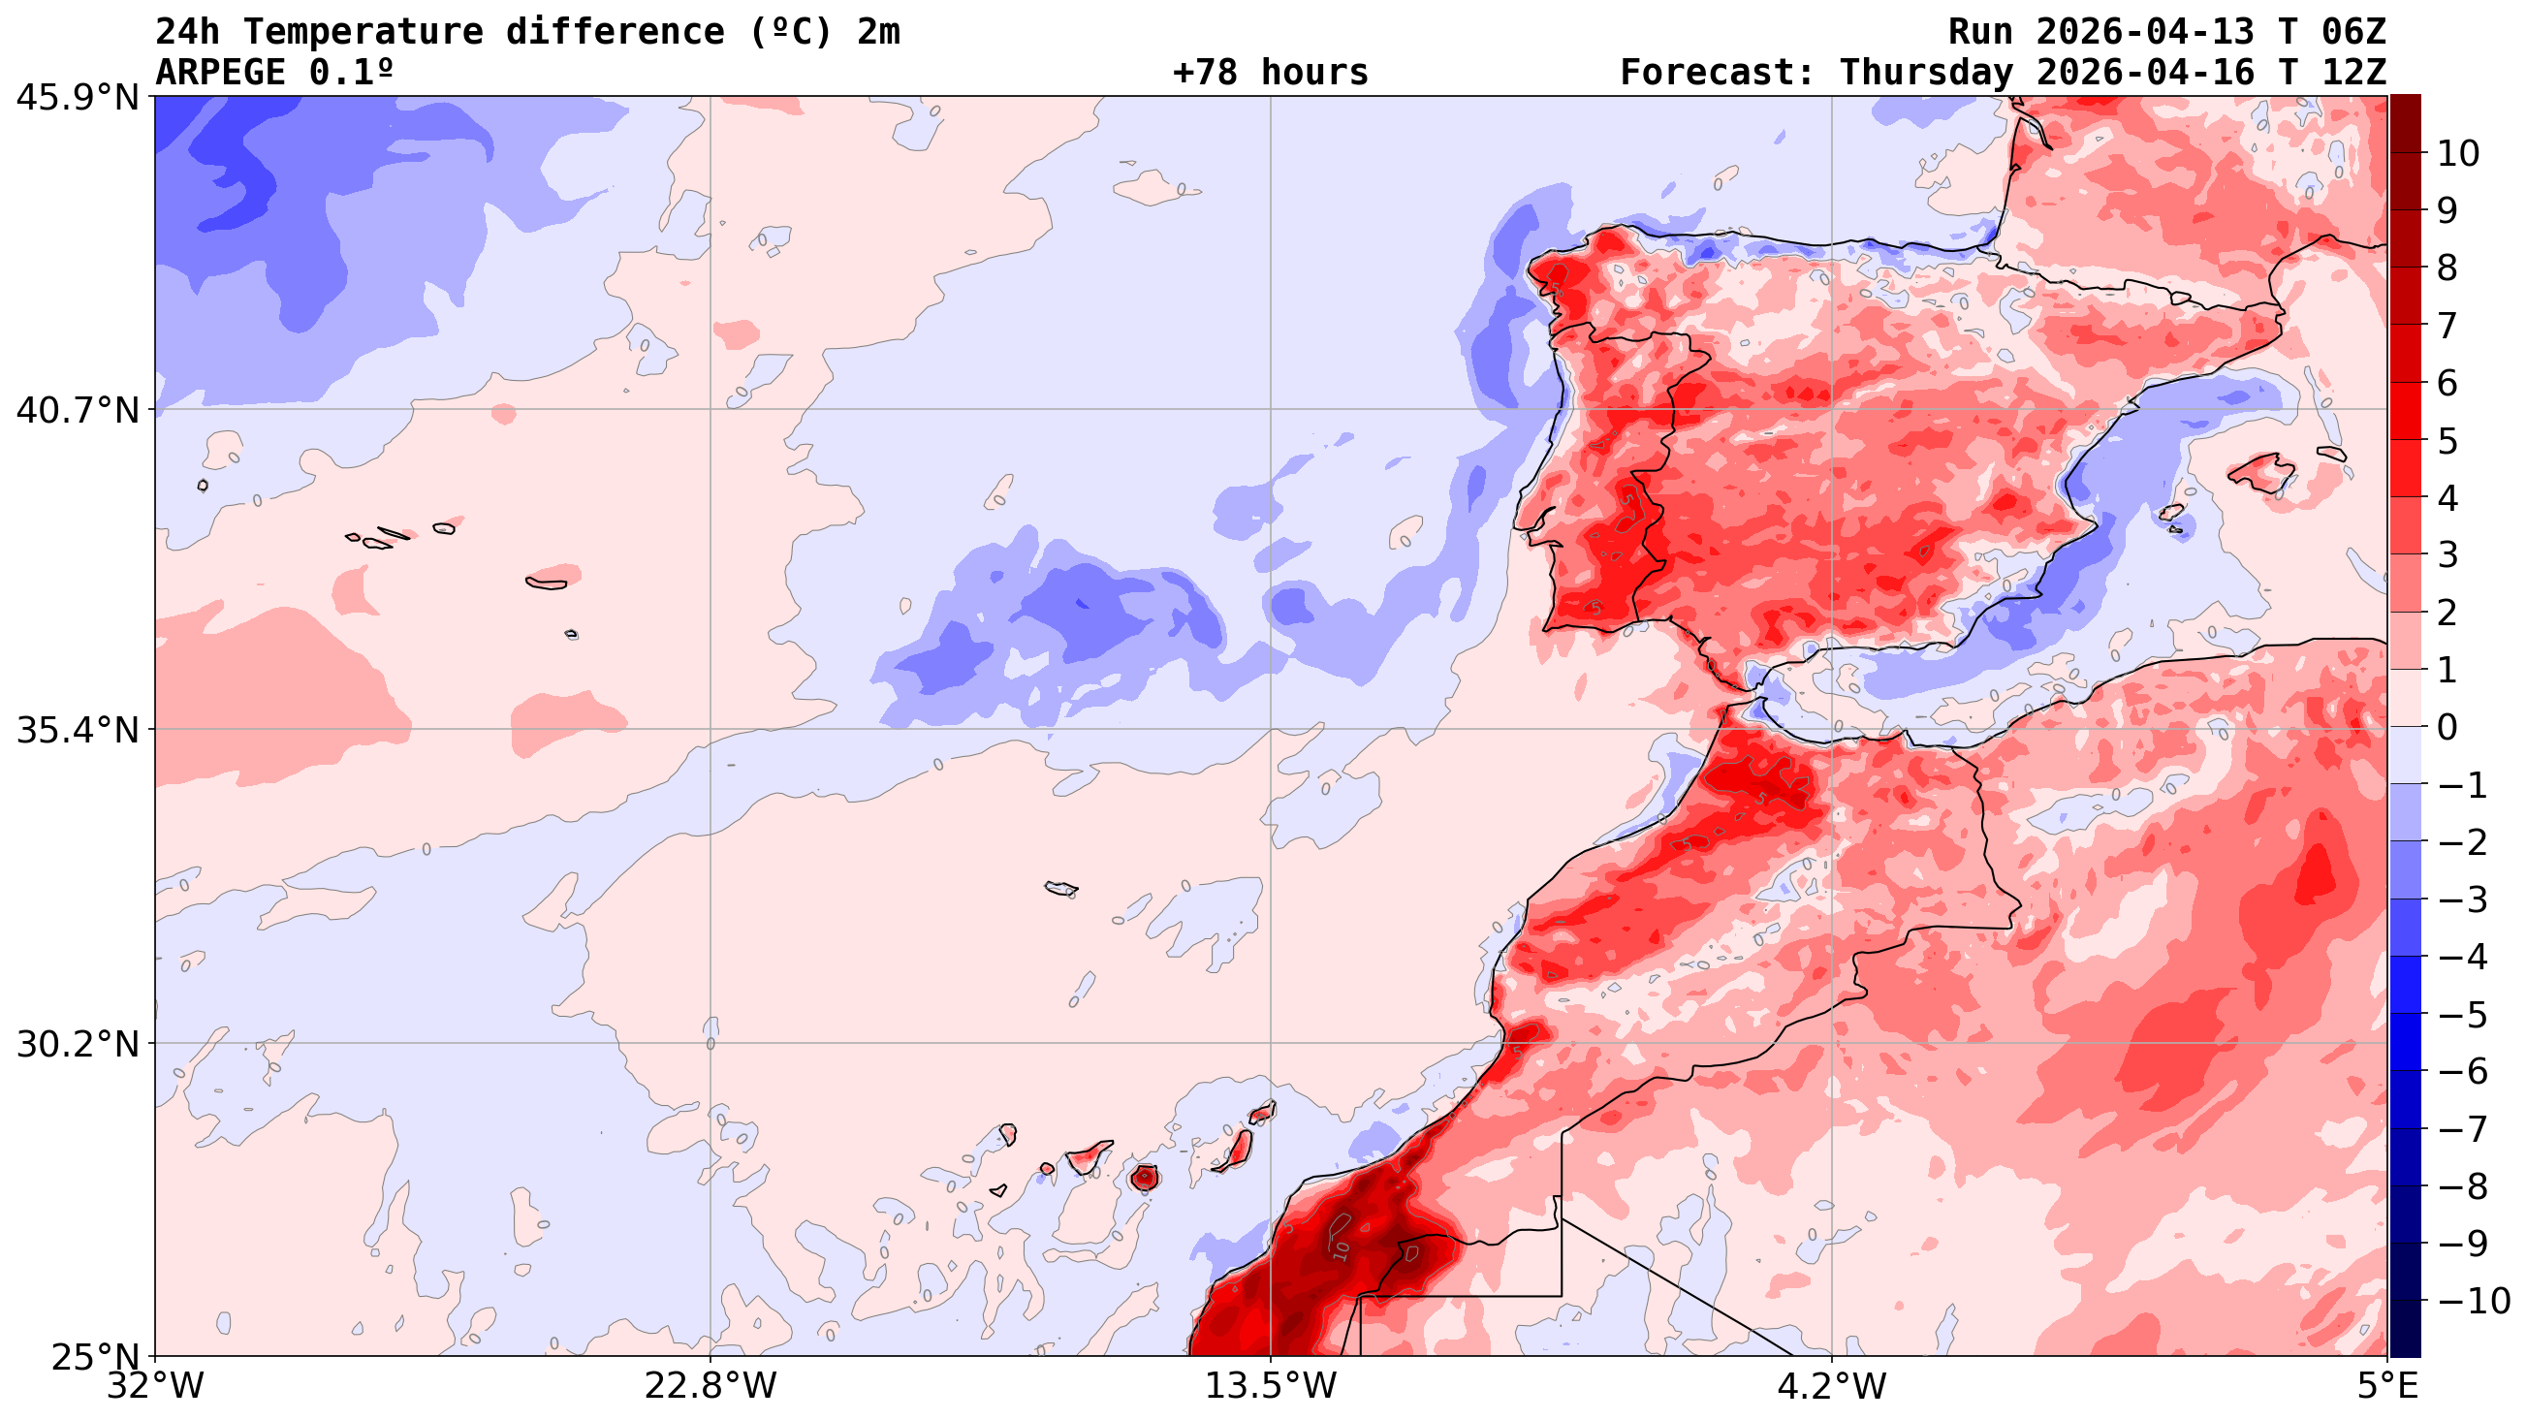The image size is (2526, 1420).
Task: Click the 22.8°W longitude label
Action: pos(710,1386)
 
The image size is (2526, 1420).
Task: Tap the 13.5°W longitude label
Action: pos(1271,1386)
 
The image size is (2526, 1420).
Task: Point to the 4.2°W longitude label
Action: pos(1832,1386)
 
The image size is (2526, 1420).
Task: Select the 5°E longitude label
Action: pos(2384,1386)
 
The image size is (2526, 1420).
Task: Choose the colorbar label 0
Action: pos(2447,728)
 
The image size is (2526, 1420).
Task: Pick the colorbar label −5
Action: pos(2462,1015)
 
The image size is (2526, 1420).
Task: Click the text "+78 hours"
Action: pos(1270,73)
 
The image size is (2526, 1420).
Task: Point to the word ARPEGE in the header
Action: pos(226,73)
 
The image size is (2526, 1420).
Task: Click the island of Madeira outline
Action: pos(1060,889)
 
